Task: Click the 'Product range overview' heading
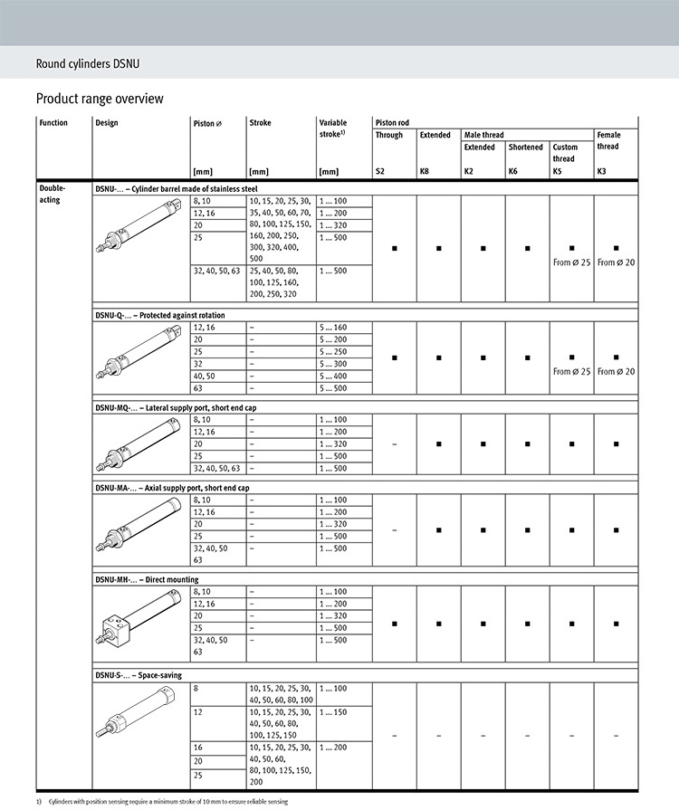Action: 100,98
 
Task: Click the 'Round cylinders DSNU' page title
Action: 87,63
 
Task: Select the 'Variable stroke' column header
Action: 334,129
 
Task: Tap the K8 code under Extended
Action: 425,170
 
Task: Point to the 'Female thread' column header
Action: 608,140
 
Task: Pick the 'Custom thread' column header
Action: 565,153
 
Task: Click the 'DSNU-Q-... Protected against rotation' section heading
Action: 160,315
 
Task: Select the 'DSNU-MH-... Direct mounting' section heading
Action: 147,579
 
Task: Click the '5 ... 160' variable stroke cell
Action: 334,328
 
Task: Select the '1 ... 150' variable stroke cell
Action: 334,712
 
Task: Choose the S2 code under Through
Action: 380,170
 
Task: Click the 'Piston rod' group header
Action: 393,122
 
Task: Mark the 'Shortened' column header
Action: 525,147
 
